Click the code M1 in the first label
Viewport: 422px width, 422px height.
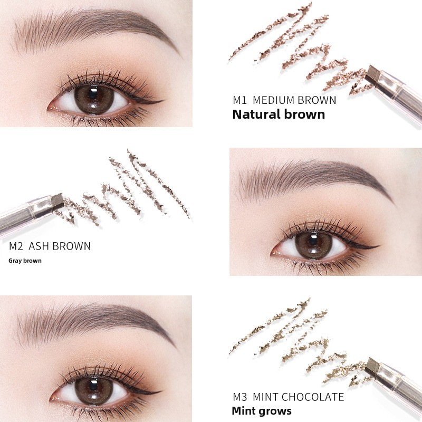[240, 100]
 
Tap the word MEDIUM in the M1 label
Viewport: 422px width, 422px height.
[273, 100]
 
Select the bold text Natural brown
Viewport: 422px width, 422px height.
[279, 114]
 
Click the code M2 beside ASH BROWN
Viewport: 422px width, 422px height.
[16, 246]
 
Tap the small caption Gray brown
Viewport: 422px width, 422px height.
[25, 261]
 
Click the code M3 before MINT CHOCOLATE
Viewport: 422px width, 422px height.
[240, 397]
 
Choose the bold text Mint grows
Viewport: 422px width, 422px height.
[262, 411]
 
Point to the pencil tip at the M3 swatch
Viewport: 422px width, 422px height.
[372, 366]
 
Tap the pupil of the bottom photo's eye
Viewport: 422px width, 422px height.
[93, 386]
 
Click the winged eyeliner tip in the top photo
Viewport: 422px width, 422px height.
[163, 101]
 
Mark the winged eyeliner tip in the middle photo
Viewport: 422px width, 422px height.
[379, 246]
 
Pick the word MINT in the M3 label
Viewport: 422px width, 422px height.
[265, 397]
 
